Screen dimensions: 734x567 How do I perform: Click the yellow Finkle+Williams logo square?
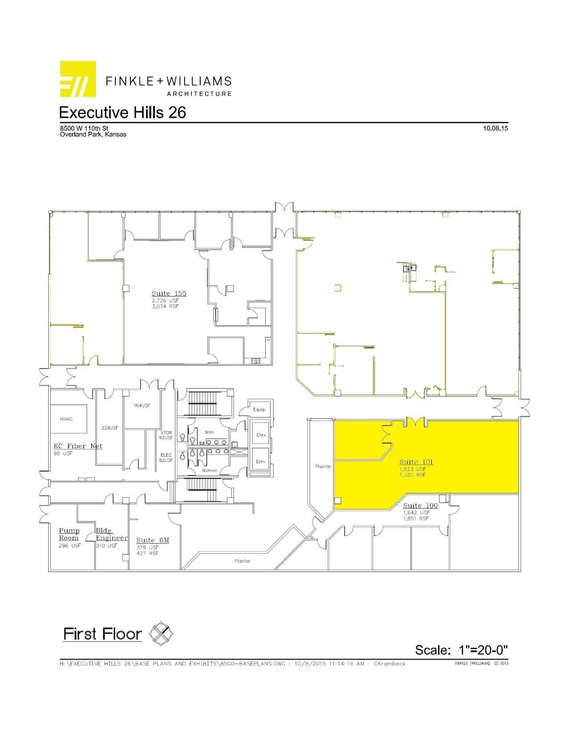coord(78,79)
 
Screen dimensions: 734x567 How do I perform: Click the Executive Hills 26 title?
coord(122,113)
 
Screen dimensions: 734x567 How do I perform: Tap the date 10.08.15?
coord(495,129)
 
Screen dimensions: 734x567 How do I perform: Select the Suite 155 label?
coord(169,294)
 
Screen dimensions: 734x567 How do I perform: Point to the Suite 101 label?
coord(416,462)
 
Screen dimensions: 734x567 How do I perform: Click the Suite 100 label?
coord(420,506)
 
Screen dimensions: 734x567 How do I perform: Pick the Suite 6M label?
coord(153,540)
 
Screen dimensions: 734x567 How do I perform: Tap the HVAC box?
coord(68,419)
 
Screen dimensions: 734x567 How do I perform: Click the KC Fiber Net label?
coord(78,446)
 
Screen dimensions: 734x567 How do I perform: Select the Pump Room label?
coord(69,534)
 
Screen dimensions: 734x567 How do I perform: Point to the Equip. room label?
coord(259,410)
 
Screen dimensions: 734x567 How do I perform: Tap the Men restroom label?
coord(209,432)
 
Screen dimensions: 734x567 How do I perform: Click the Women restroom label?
coord(209,470)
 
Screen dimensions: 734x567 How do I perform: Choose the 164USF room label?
coord(142,406)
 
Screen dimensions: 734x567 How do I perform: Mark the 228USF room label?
coord(110,428)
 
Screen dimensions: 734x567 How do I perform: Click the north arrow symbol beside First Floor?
coord(161,634)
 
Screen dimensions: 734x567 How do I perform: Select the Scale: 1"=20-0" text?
coord(461,650)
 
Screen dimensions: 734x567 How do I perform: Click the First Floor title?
coord(102,634)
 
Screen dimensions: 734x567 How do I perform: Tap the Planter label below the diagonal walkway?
coord(242,561)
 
